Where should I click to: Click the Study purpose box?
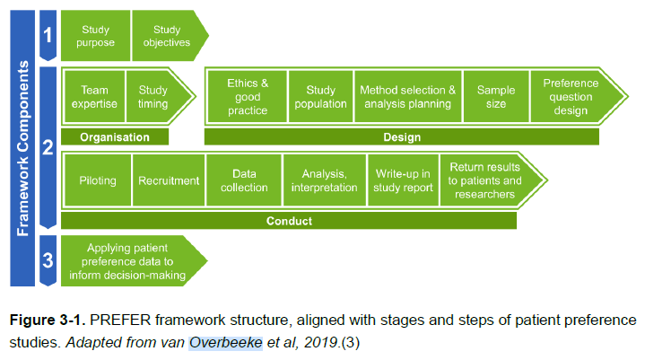[x=96, y=36]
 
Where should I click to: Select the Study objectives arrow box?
[x=167, y=36]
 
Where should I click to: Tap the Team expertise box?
[x=94, y=97]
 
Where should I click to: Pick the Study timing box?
[x=153, y=97]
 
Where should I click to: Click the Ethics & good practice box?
[x=248, y=97]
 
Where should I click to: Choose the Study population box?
[x=320, y=97]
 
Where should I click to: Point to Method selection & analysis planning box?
[x=407, y=97]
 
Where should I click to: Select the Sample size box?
[x=496, y=97]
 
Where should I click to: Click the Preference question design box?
[x=571, y=97]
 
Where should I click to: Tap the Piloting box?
[x=97, y=180]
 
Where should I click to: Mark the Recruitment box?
[x=169, y=180]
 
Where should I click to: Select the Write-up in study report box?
[x=402, y=180]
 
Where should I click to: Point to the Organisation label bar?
[x=114, y=137]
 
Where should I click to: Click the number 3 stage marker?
[x=48, y=261]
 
